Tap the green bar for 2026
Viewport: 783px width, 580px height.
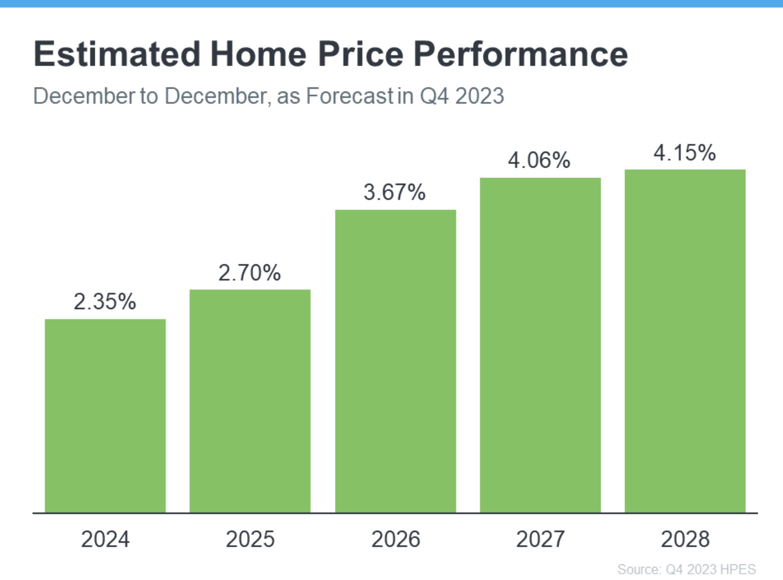(396, 361)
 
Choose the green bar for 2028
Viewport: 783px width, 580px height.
(685, 341)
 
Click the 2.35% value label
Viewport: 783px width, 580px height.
(105, 302)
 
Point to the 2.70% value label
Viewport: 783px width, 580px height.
(250, 273)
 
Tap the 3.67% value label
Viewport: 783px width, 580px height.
(395, 192)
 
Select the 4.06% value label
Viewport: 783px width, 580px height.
(539, 160)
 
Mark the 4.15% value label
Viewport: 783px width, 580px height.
(684, 153)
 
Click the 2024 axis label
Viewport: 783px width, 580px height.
(105, 539)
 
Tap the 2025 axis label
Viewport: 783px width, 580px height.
(250, 539)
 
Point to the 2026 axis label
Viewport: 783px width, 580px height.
(396, 539)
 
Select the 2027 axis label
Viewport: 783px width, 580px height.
(540, 539)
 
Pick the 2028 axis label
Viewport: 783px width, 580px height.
(685, 539)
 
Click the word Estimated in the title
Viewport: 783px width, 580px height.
(117, 54)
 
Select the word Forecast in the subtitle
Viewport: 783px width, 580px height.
(349, 96)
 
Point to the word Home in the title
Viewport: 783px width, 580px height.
(258, 54)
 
